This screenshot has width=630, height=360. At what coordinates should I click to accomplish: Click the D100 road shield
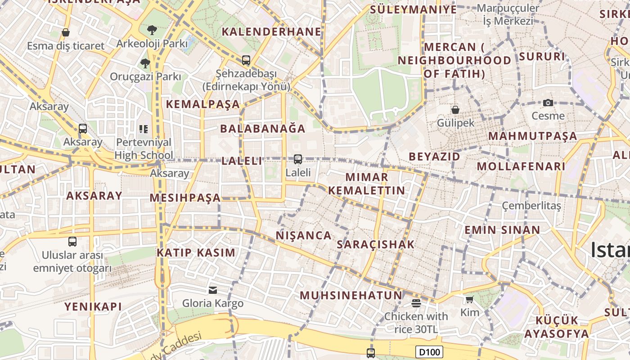pyautogui.click(x=429, y=352)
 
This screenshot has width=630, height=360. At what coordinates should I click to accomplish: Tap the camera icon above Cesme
pyautogui.click(x=548, y=103)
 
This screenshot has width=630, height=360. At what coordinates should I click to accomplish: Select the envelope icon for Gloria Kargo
pyautogui.click(x=212, y=290)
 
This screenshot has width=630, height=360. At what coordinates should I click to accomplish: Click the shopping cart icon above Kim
pyautogui.click(x=469, y=299)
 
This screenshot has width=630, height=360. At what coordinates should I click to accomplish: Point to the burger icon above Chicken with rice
pyautogui.click(x=416, y=303)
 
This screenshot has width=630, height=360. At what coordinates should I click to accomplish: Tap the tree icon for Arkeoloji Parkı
pyautogui.click(x=152, y=30)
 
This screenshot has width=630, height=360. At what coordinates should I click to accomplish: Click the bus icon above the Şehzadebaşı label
pyautogui.click(x=246, y=60)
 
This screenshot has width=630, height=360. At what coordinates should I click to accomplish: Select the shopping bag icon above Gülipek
pyautogui.click(x=455, y=109)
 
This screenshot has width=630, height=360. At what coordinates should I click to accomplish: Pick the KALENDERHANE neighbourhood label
pyautogui.click(x=272, y=31)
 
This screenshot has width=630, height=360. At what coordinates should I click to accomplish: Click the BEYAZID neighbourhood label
pyautogui.click(x=434, y=157)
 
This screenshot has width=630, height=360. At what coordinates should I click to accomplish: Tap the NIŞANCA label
pyautogui.click(x=303, y=235)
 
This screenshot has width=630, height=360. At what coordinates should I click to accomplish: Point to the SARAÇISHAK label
pyautogui.click(x=375, y=244)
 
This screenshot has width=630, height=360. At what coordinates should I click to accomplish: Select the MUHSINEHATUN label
pyautogui.click(x=351, y=295)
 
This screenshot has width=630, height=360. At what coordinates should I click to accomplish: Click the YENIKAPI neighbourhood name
pyautogui.click(x=93, y=307)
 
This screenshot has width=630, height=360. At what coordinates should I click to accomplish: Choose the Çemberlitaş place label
pyautogui.click(x=531, y=206)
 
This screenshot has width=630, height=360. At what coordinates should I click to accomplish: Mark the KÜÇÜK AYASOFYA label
pyautogui.click(x=557, y=327)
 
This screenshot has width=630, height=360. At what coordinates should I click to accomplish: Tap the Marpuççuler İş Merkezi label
pyautogui.click(x=508, y=14)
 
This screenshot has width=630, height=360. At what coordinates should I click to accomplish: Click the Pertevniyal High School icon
pyautogui.click(x=144, y=130)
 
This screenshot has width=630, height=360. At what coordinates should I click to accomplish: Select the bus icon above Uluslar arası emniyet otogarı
pyautogui.click(x=72, y=242)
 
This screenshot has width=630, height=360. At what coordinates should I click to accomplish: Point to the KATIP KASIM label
pyautogui.click(x=196, y=252)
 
